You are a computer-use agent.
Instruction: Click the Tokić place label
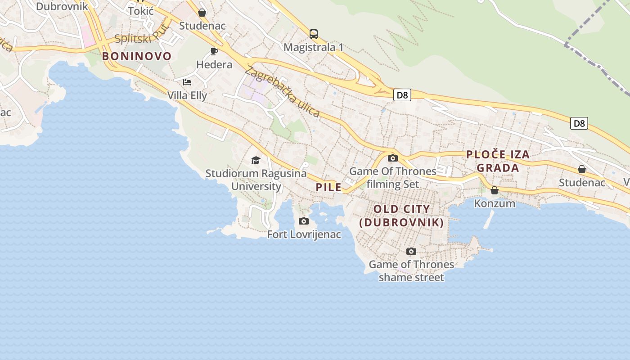coord(141,11)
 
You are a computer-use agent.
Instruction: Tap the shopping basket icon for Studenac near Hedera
coord(202,13)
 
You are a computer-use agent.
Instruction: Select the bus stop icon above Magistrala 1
coord(314,34)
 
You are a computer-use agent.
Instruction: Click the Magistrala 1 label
coord(314,47)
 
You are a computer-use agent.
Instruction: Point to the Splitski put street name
coord(142,33)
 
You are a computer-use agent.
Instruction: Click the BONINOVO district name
coord(137,56)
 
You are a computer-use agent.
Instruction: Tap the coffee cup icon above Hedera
coord(214,51)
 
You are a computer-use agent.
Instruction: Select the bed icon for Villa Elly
coord(187,82)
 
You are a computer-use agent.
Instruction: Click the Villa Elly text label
coord(187,95)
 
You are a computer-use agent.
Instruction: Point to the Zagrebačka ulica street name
coord(282,91)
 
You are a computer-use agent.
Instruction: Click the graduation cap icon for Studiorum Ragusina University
coord(256,160)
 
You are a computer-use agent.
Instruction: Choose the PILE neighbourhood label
coord(328,187)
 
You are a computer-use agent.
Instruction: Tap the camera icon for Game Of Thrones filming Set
coord(393,158)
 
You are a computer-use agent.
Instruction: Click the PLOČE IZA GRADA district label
coord(498,161)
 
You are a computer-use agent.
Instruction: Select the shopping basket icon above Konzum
coord(495,190)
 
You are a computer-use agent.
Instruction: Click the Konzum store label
coord(495,203)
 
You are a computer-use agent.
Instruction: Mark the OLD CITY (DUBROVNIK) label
coord(402,216)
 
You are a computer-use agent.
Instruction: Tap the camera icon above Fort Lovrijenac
coord(304,221)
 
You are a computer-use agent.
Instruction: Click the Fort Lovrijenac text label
coord(304,234)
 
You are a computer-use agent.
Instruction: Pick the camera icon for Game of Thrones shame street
coord(411,251)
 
